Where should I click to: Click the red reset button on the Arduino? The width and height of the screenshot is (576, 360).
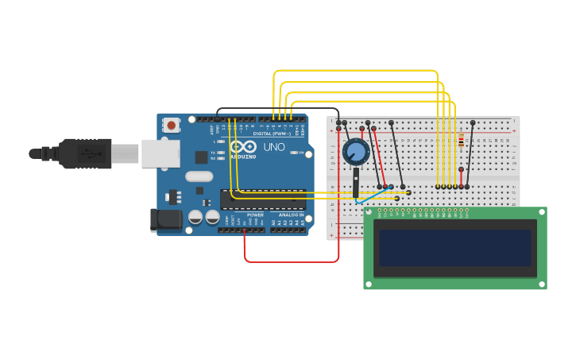(171, 125)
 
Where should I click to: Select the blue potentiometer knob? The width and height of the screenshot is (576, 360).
(355, 151)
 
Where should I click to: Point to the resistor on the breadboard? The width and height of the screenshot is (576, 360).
(461, 141)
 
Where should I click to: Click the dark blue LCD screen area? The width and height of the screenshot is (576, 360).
(454, 248)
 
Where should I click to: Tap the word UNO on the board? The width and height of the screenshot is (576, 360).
(274, 147)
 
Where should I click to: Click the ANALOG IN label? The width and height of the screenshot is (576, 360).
(291, 215)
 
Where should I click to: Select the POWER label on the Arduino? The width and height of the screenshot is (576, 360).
(255, 215)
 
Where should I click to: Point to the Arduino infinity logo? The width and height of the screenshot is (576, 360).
(242, 146)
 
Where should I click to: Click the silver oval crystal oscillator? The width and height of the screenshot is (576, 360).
(199, 176)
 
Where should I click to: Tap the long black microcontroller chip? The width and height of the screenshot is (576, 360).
(263, 199)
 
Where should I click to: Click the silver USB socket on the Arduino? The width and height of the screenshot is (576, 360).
(160, 153)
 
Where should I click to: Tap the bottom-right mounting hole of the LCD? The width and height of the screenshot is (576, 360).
(541, 284)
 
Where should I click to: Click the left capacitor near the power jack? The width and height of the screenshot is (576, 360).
(195, 216)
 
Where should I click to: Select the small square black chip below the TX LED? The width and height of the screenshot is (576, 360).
(202, 157)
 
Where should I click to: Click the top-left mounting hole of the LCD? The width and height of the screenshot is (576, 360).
(369, 212)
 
